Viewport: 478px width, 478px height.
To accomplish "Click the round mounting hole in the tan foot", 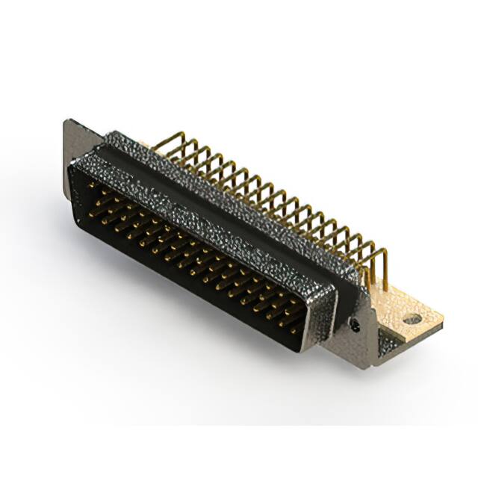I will coord(412,319).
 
